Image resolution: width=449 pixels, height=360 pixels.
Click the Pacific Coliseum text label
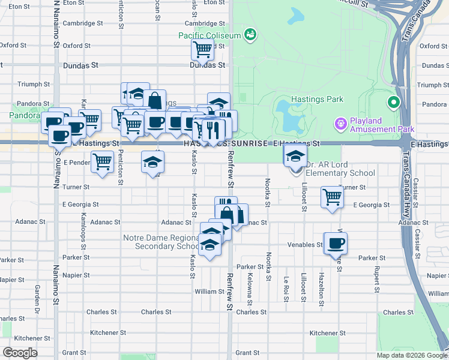209,35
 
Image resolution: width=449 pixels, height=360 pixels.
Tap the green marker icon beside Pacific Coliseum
250,35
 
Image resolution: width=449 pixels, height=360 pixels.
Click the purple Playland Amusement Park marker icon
340,124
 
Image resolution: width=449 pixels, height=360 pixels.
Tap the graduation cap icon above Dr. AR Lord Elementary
295,157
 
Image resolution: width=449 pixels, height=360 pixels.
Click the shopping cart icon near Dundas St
203,49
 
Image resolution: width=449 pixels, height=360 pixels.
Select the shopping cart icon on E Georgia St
332,196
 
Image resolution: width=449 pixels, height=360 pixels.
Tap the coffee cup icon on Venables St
336,242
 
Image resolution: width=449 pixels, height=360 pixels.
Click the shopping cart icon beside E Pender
103,161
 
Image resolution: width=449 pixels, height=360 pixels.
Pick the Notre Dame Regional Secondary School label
161,242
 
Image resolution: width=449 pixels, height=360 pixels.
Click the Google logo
20,353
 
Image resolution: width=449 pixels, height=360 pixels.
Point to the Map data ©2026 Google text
411,355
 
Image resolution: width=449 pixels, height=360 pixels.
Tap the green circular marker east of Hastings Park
394,103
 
